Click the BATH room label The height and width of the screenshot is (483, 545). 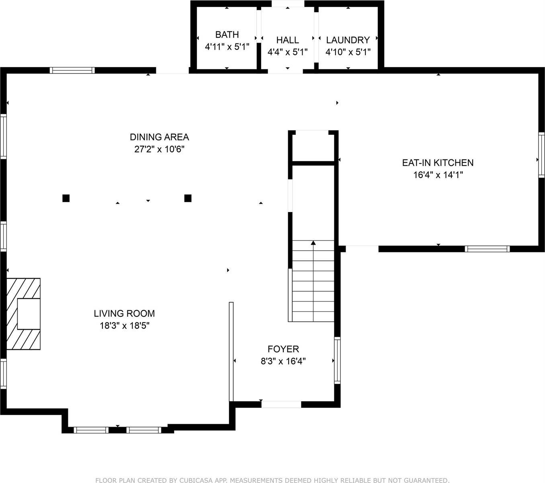click(227, 35)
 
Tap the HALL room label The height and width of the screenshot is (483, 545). click(287, 40)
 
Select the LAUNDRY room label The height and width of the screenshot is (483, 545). click(348, 40)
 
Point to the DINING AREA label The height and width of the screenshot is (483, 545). click(159, 137)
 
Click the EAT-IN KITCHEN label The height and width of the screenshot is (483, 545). click(438, 163)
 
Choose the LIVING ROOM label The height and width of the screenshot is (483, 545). click(124, 313)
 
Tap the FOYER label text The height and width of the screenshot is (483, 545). click(283, 349)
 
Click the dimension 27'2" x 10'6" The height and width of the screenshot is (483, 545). click(159, 149)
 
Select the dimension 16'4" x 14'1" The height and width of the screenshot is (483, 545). click(438, 175)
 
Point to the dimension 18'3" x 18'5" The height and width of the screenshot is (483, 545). click(124, 326)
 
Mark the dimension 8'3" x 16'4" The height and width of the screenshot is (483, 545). click(283, 361)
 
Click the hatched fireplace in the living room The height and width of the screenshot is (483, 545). click(23, 314)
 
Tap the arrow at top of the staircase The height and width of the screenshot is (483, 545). click(313, 243)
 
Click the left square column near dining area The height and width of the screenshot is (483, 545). click(66, 198)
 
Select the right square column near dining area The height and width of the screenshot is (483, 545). click(188, 198)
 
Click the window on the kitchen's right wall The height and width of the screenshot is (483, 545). click(541, 155)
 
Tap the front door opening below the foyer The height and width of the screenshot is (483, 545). click(281, 405)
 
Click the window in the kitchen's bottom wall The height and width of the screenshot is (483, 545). click(487, 249)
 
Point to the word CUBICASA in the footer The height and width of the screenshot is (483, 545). click(194, 480)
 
